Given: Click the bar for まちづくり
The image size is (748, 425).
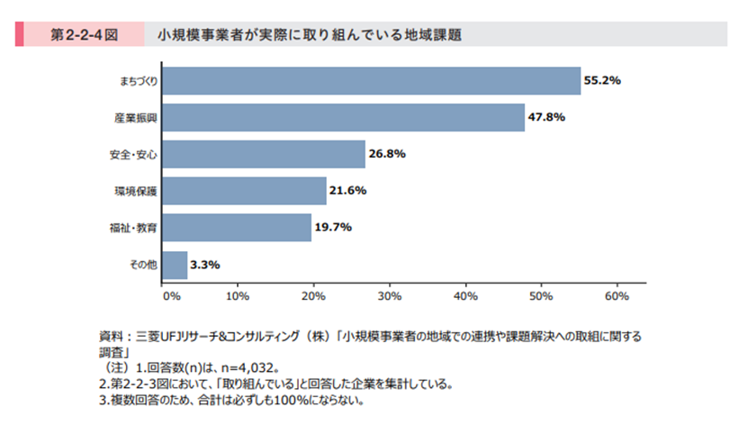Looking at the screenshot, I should coord(371,81).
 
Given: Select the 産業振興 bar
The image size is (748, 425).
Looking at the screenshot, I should coord(343,118).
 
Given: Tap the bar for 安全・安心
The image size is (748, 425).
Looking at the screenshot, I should coord(263,154).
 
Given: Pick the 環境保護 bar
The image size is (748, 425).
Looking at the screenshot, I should coord(243,191).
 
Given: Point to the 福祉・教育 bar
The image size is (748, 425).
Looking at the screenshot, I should coord(236,228).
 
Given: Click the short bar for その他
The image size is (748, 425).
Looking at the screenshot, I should coord(174,265).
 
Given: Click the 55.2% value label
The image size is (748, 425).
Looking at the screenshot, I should coord(603,81).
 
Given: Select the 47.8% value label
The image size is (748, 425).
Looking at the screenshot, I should coord(547,118).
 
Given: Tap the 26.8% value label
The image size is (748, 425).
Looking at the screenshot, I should coord(388,154).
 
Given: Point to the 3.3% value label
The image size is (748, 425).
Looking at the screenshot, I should coord(205,265).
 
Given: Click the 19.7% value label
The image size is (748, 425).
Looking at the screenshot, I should coord(333,228).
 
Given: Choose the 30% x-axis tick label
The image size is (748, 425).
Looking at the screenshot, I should coord(389,294).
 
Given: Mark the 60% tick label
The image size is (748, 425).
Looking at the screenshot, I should coord(617,294).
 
